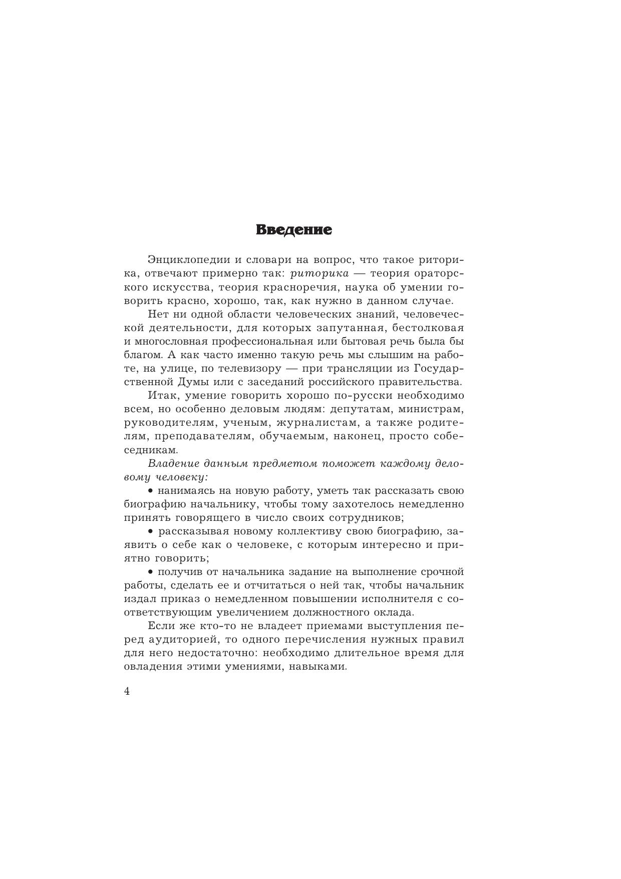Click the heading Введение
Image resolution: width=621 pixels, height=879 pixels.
pyautogui.click(x=293, y=230)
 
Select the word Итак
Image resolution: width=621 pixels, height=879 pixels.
pyautogui.click(x=161, y=396)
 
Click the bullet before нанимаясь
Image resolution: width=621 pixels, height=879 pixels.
pyautogui.click(x=151, y=490)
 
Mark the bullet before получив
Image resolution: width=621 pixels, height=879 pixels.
pyautogui.click(x=151, y=571)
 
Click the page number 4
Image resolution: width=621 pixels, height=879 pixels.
pyautogui.click(x=127, y=692)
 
